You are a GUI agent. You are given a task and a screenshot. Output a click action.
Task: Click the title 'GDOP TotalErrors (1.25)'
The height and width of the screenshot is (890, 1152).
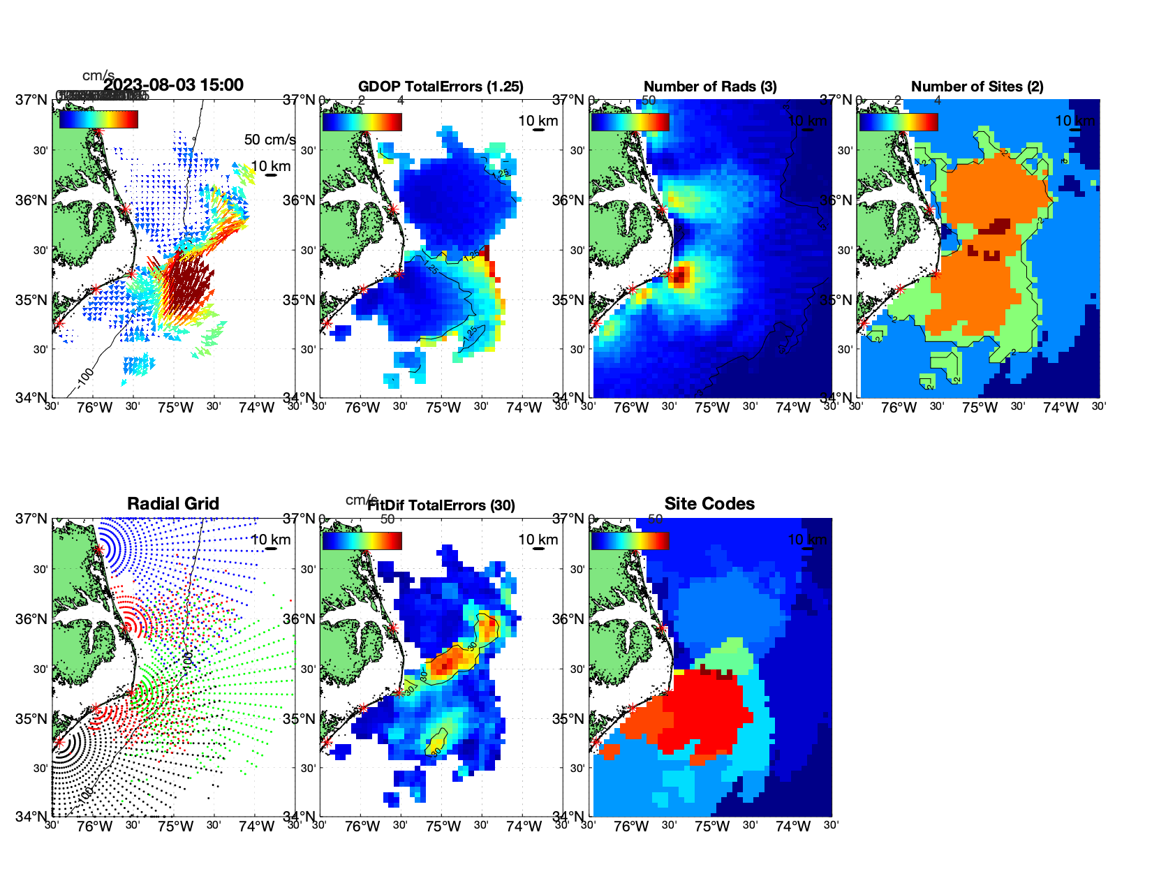[441, 87]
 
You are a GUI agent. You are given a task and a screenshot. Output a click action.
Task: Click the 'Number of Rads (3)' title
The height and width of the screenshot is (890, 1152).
[710, 87]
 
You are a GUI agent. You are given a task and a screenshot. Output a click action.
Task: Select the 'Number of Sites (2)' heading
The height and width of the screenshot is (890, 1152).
[977, 87]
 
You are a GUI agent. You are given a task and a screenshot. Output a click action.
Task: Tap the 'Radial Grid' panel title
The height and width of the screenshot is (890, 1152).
[173, 504]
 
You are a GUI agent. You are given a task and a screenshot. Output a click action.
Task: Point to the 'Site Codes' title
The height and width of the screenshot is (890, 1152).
[709, 504]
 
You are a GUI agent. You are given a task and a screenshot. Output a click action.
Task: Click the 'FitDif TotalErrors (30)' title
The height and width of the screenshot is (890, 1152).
[441, 505]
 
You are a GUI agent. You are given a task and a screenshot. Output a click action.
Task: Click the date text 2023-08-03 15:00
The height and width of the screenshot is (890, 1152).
[174, 85]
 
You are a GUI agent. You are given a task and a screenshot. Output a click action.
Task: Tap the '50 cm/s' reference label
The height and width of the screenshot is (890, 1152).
[270, 140]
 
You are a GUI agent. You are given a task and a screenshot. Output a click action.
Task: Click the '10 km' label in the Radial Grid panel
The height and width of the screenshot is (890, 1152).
[271, 540]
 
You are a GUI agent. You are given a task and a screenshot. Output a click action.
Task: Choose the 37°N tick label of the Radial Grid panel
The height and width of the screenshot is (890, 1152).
[31, 519]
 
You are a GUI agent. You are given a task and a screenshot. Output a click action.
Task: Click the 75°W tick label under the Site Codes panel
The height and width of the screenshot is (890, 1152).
[712, 827]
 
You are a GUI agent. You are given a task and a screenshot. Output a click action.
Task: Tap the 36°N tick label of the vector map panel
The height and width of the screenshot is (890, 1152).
[31, 200]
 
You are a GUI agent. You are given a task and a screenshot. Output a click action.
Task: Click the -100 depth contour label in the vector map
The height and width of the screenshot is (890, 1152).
[85, 376]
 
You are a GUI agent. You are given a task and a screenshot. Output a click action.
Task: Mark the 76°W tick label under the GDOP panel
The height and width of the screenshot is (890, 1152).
[362, 408]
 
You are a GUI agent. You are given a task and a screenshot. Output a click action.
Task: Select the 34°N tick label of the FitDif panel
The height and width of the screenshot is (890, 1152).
[300, 816]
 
